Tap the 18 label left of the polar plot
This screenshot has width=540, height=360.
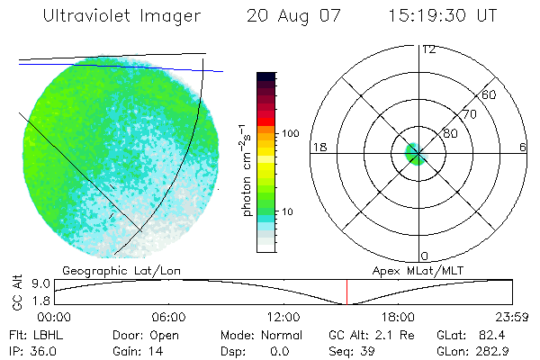[318, 147]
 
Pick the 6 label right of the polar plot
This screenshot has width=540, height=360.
[523, 147]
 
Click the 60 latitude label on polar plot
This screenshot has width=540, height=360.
[490, 94]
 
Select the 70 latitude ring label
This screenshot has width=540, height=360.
[469, 114]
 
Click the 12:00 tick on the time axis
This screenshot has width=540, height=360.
[283, 317]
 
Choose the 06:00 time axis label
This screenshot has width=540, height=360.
[168, 317]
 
